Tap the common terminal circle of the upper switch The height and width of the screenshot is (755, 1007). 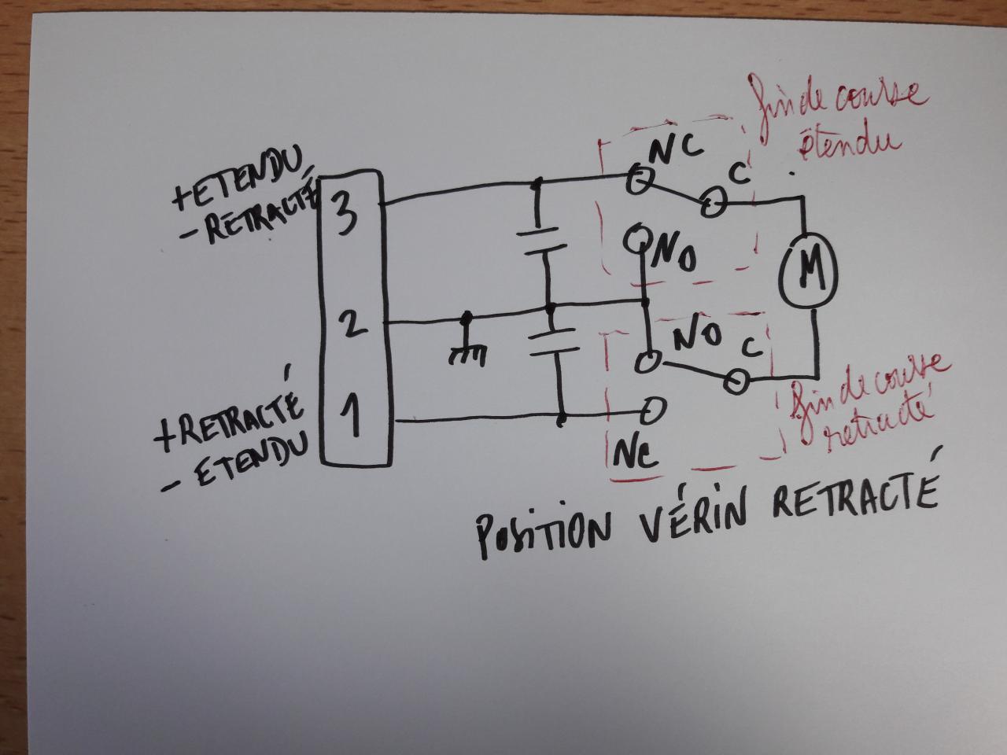pos(713,205)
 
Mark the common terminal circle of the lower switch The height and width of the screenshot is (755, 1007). pos(736,382)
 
